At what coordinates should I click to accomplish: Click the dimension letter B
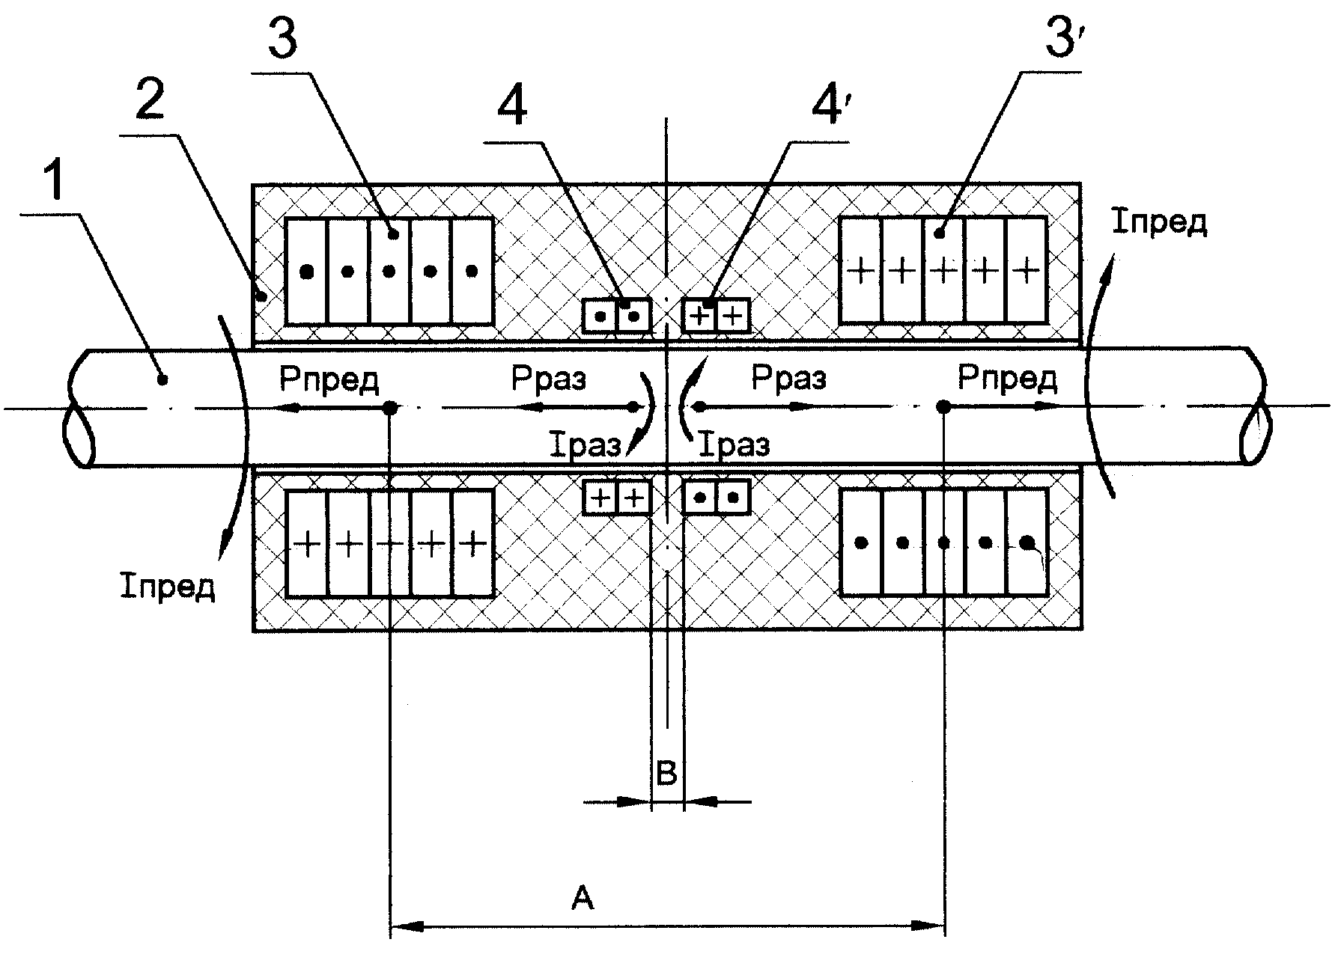coord(666,772)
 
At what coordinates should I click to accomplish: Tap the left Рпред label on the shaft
coord(330,380)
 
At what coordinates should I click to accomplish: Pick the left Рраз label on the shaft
coord(550,379)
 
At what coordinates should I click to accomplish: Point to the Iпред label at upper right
coord(1159,222)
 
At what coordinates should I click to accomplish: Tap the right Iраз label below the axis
coord(734,447)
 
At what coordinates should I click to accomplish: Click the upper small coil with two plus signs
coord(716,315)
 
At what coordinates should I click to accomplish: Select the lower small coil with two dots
coord(716,497)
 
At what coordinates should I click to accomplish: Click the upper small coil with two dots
coord(616,315)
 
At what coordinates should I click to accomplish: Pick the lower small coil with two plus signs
coord(616,497)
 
